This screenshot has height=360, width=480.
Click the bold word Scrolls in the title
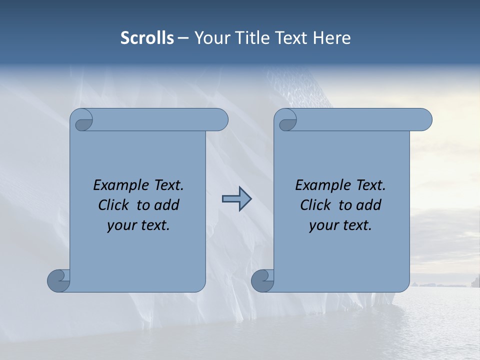pos(147,38)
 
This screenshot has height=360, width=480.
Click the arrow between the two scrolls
pos(236,199)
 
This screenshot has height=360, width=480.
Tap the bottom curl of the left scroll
pos(58,280)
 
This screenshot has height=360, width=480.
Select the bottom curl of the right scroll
pos(262,280)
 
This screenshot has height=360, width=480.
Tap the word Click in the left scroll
pos(113,205)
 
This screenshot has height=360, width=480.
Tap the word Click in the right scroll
pos(315,205)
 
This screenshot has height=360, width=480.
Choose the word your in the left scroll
pos(121,226)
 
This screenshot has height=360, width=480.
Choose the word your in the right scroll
pos(323,226)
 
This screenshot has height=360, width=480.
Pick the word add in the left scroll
pos(167,205)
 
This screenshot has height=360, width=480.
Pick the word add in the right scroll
pos(369,205)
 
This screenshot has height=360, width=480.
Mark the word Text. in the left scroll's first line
pos(167,185)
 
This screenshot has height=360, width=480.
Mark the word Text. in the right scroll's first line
pos(369,185)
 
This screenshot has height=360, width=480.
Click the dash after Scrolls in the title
pos(183,38)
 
